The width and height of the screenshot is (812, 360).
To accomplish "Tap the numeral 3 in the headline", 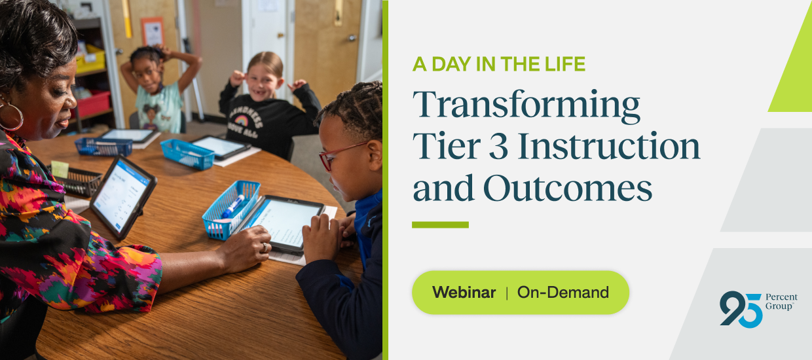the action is click(x=498, y=146).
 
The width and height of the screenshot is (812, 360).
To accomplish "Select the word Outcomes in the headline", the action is click(x=568, y=189).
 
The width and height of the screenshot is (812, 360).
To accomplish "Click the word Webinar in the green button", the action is click(x=464, y=293).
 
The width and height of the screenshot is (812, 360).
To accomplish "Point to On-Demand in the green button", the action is click(x=563, y=293).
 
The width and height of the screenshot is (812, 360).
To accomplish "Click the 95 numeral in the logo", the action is click(x=741, y=310).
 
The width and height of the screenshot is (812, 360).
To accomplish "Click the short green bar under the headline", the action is click(x=440, y=225).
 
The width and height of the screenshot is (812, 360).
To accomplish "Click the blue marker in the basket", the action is click(x=232, y=206).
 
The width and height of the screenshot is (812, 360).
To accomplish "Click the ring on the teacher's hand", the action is click(x=265, y=247).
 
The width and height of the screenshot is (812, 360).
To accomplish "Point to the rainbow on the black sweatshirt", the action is click(x=241, y=120).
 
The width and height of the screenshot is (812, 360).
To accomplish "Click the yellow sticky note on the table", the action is click(x=60, y=169).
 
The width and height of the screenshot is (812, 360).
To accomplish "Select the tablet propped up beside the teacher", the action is click(x=122, y=196).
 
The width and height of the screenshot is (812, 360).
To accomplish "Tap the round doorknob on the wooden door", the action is click(x=351, y=38).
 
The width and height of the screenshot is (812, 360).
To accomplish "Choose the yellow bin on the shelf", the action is click(x=90, y=60).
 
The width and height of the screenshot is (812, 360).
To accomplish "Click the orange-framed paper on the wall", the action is click(x=153, y=32).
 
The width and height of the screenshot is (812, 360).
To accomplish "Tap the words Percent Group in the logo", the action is click(x=781, y=302).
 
